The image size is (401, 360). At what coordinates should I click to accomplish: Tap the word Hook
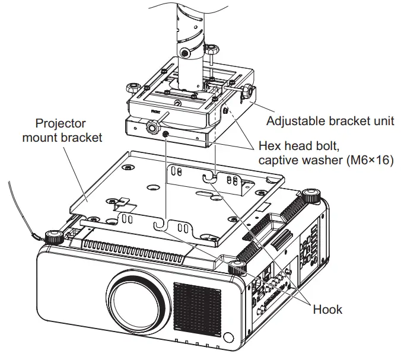click(327, 309)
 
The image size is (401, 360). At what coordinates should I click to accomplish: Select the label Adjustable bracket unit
click(330, 121)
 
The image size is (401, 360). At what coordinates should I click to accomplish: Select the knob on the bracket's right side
click(248, 91)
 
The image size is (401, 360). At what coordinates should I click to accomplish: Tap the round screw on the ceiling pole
click(186, 53)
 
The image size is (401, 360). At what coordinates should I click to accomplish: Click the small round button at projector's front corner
click(228, 338)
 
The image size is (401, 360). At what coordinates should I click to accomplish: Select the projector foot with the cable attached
click(55, 237)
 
